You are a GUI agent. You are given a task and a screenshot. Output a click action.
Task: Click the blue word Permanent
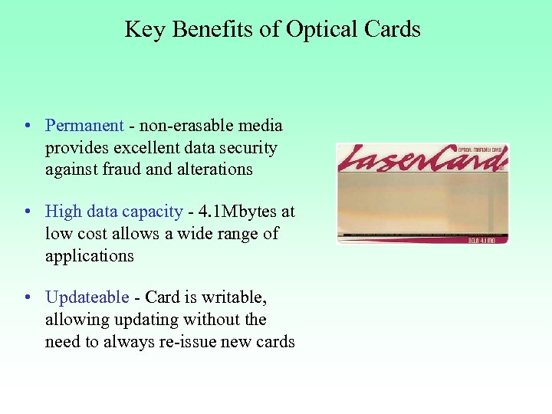coord(84,126)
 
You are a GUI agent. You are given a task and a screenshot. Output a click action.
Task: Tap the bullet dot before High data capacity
coord(27,212)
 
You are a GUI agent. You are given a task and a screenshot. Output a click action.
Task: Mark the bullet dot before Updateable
coord(27,298)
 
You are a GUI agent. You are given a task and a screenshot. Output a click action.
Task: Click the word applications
coord(89,256)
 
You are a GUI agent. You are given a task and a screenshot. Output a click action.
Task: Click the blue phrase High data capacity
coord(114,212)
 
